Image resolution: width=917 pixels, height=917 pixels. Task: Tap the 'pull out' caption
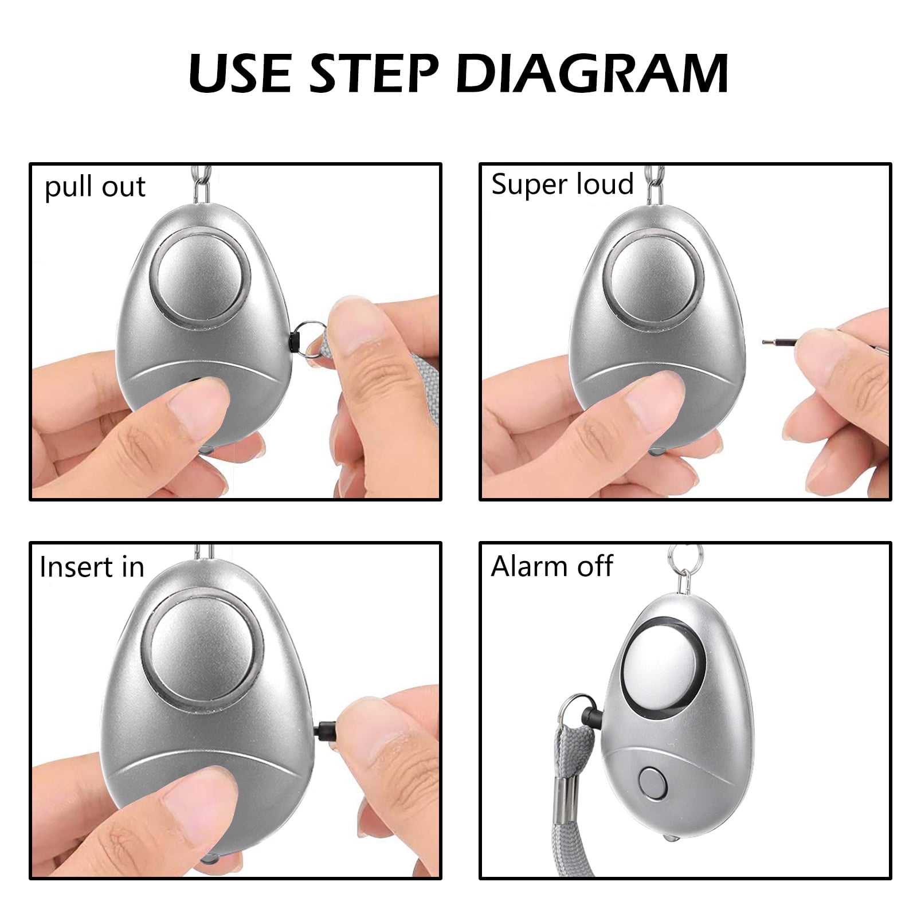[95, 187]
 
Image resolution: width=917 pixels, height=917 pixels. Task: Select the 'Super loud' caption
[562, 185]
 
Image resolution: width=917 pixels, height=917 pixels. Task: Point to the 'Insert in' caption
[92, 567]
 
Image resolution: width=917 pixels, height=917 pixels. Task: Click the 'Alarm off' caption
[551, 566]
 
